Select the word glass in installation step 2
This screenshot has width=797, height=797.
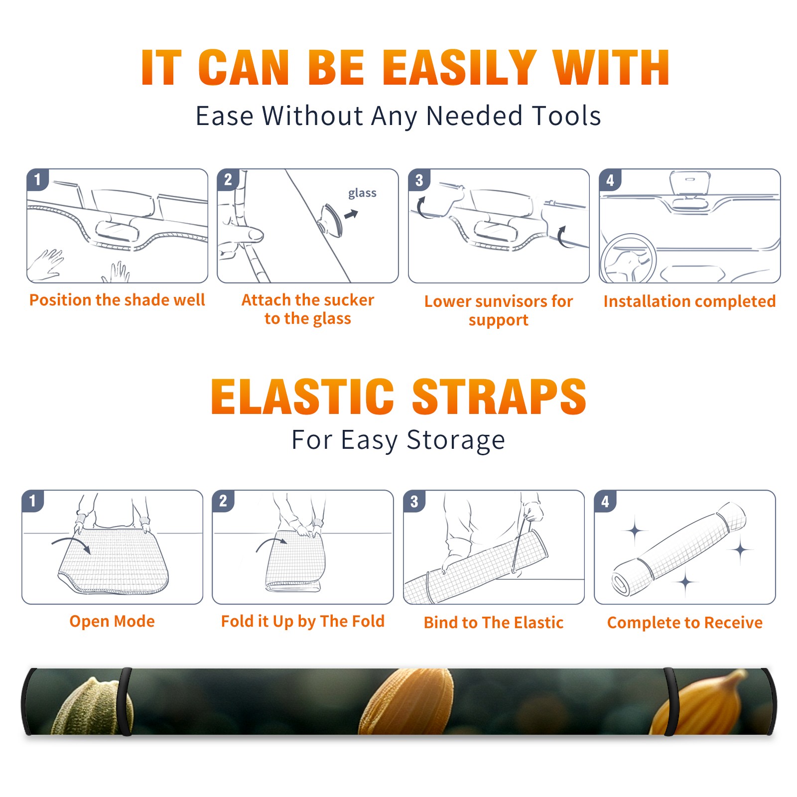coord(362,193)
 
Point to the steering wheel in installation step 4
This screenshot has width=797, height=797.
coord(628,259)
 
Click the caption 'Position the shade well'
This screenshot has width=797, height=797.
coord(117,300)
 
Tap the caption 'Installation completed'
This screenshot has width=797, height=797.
coord(689,301)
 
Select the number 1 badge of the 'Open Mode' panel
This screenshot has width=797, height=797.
coord(33,501)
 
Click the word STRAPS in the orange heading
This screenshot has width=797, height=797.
coord(499,397)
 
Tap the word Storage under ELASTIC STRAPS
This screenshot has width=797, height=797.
coord(456,440)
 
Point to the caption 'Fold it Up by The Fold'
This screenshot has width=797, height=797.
coord(303,622)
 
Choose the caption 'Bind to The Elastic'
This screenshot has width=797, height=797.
coord(494,623)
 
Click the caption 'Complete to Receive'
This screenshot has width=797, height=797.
coord(685,623)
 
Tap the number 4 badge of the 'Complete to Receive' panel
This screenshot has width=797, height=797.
coord(605,501)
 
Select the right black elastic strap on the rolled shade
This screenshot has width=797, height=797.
coord(670,702)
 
